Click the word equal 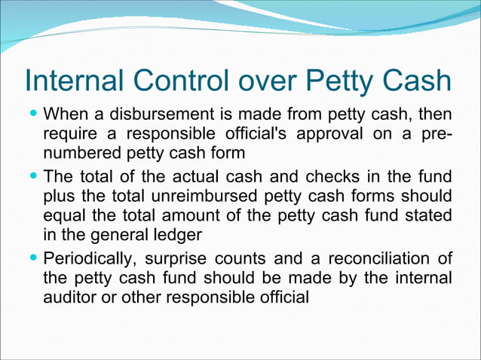(65, 217)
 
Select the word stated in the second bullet (430, 217)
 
